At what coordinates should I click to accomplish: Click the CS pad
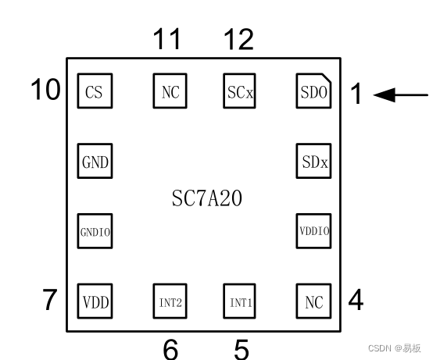[x=94, y=92]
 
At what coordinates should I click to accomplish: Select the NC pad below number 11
[x=170, y=92]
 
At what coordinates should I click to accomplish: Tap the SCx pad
[x=240, y=92]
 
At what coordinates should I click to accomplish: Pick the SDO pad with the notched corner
[x=314, y=92]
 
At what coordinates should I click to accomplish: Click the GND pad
[x=95, y=163]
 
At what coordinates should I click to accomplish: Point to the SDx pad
[x=314, y=163]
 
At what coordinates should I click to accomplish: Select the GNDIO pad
[x=95, y=231]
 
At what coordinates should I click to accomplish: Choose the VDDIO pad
[x=314, y=231]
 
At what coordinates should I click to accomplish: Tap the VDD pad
[x=95, y=301]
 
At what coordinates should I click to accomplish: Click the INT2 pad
[x=170, y=301]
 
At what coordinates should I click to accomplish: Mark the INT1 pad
[x=240, y=301]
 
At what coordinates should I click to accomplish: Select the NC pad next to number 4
[x=314, y=301]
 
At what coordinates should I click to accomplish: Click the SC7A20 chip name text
[x=206, y=198]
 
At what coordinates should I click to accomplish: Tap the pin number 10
[x=45, y=91]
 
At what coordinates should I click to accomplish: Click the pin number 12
[x=238, y=38]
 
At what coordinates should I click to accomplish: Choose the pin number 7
[x=51, y=300]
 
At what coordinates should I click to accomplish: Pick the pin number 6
[x=170, y=349]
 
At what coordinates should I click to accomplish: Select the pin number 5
[x=242, y=349]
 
